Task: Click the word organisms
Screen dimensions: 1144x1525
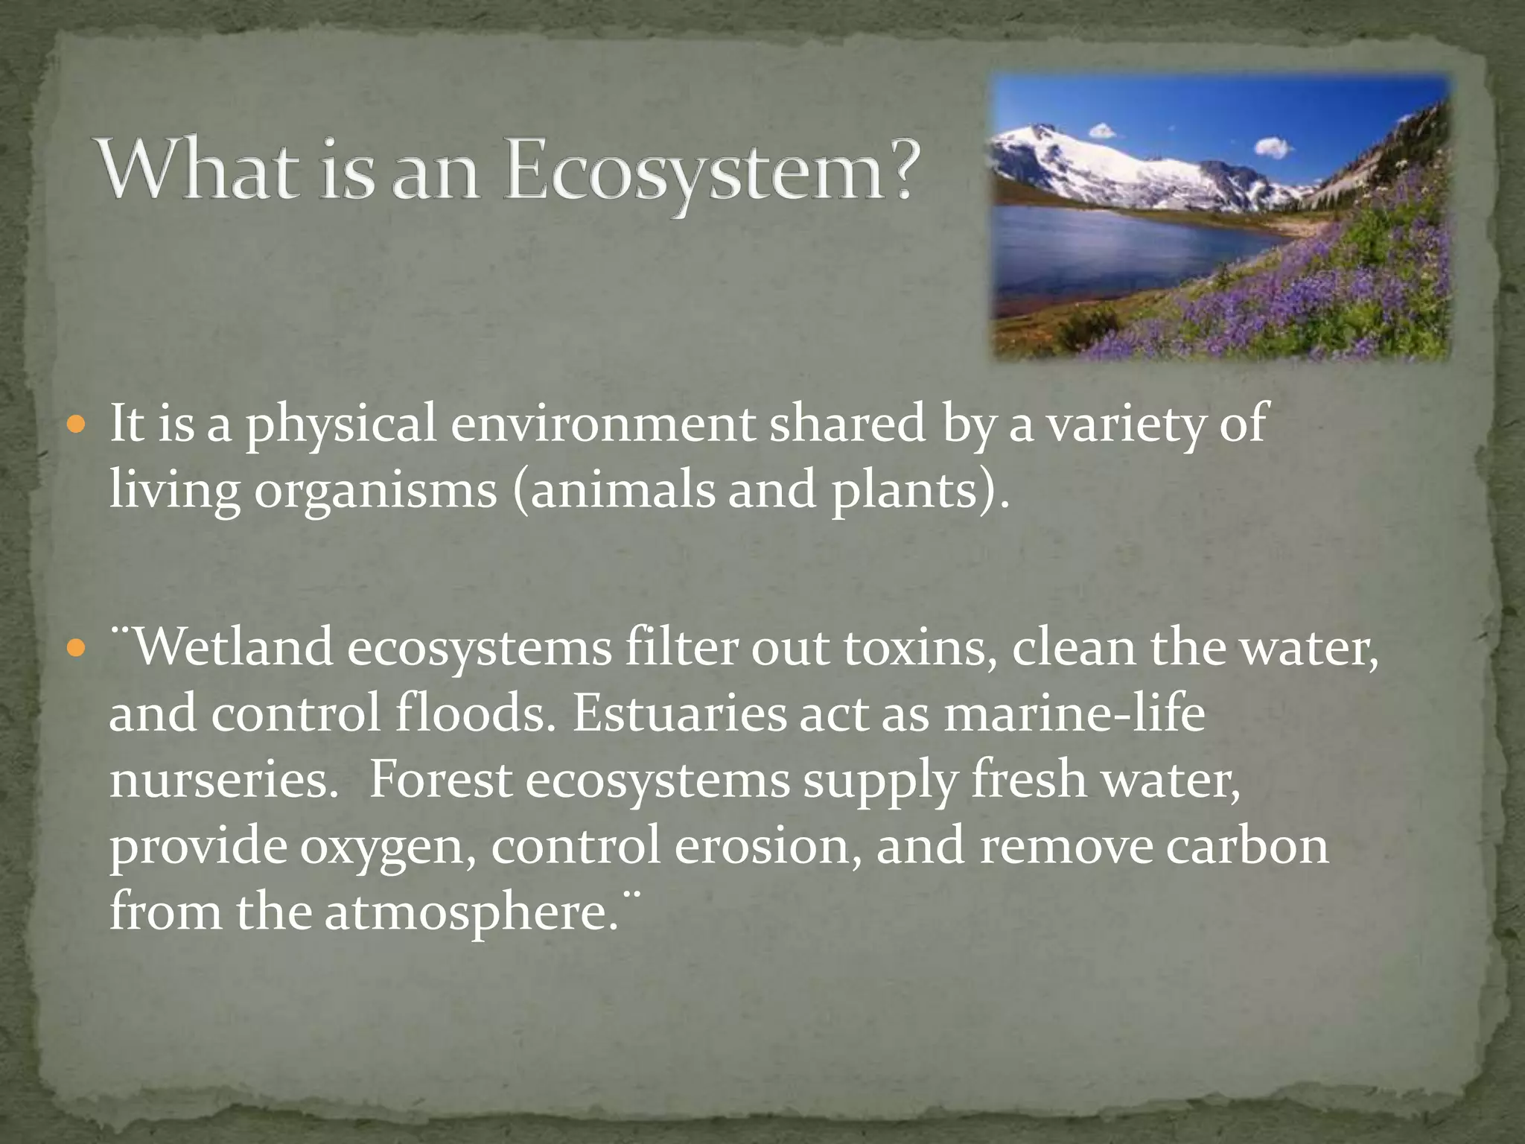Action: click(375, 492)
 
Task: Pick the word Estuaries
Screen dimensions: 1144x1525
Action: click(678, 714)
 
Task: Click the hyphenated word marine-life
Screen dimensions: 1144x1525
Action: click(1074, 714)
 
